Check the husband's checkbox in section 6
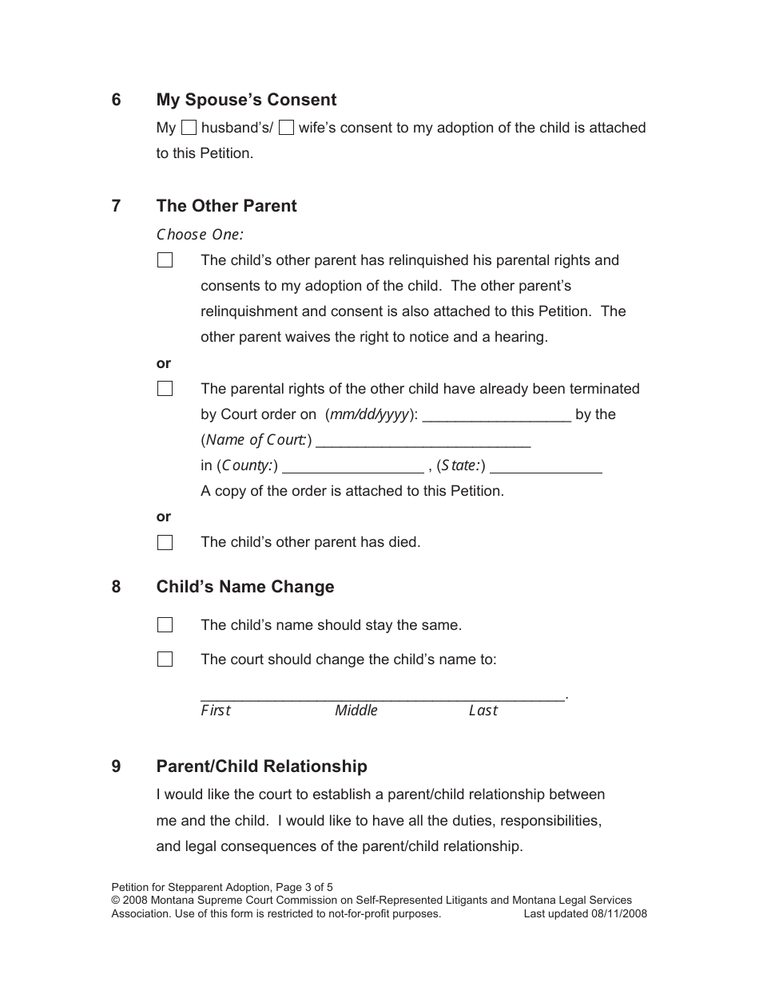(189, 127)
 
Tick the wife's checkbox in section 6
(286, 127)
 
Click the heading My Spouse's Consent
(246, 100)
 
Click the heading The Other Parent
(226, 206)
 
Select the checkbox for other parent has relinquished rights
(165, 260)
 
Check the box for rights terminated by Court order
(165, 389)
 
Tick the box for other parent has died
(165, 543)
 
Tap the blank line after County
(353, 465)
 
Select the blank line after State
(550, 465)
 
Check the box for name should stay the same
(165, 625)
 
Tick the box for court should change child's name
(165, 659)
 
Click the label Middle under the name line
(356, 711)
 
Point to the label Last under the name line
(483, 711)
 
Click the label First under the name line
(215, 711)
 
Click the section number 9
(117, 766)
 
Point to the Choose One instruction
(200, 235)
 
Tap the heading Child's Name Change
(245, 587)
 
